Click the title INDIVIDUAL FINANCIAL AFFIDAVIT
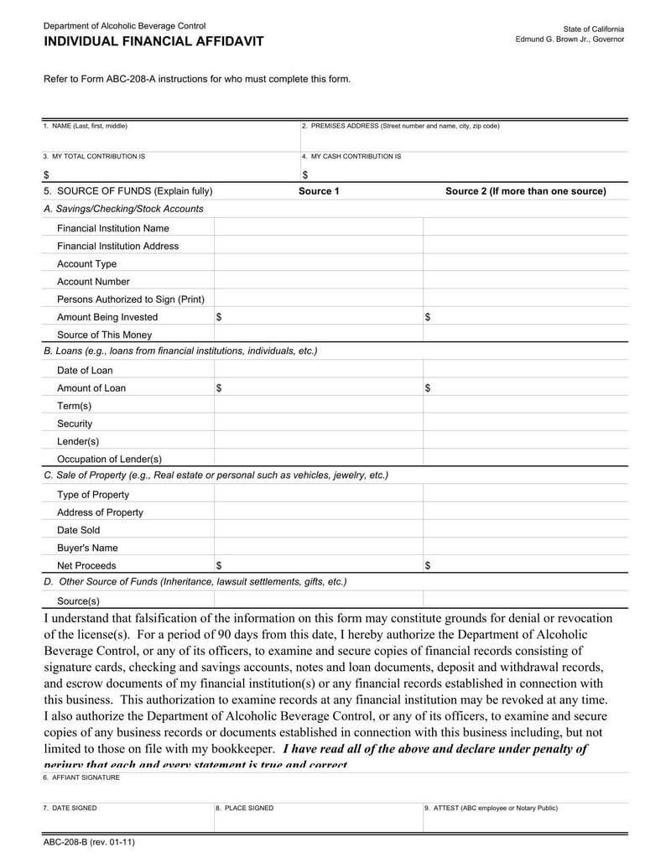[x=153, y=41]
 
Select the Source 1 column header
[x=319, y=191]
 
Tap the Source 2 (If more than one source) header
[x=525, y=191]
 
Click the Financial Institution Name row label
[x=112, y=228]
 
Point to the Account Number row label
[x=93, y=282]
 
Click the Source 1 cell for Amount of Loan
[x=319, y=388]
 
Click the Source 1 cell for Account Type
[x=319, y=264]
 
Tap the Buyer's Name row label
[x=87, y=548]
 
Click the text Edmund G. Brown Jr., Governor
[x=570, y=39]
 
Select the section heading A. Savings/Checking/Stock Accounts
[x=123, y=209]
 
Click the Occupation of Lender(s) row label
[x=109, y=460]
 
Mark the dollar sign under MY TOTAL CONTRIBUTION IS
[x=46, y=174]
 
